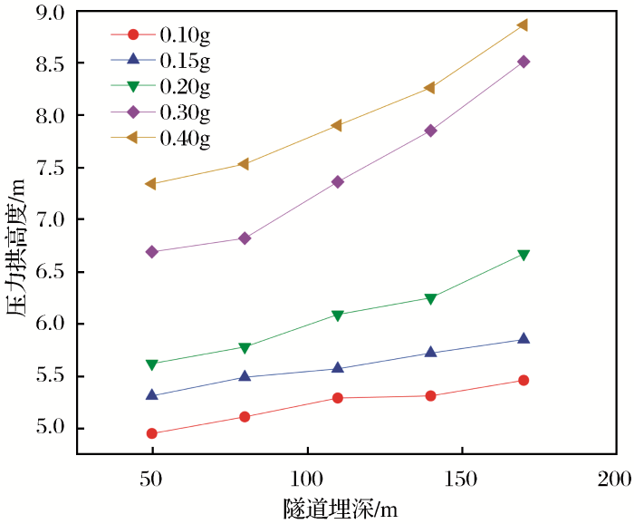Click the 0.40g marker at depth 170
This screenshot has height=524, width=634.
pyautogui.click(x=523, y=25)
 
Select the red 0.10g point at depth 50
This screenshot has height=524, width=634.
pyautogui.click(x=152, y=433)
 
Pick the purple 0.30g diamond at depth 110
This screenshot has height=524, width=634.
pyautogui.click(x=338, y=182)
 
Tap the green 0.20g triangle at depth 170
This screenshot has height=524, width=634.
pyautogui.click(x=523, y=255)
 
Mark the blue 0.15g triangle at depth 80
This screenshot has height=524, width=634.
pyautogui.click(x=245, y=376)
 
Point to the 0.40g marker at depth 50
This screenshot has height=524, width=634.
pyautogui.click(x=152, y=184)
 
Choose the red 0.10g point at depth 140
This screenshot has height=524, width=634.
pyautogui.click(x=430, y=396)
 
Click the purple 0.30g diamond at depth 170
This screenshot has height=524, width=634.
pyautogui.click(x=523, y=62)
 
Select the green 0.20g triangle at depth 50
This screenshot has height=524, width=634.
pyautogui.click(x=152, y=364)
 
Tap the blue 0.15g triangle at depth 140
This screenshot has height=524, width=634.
pyautogui.click(x=430, y=352)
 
